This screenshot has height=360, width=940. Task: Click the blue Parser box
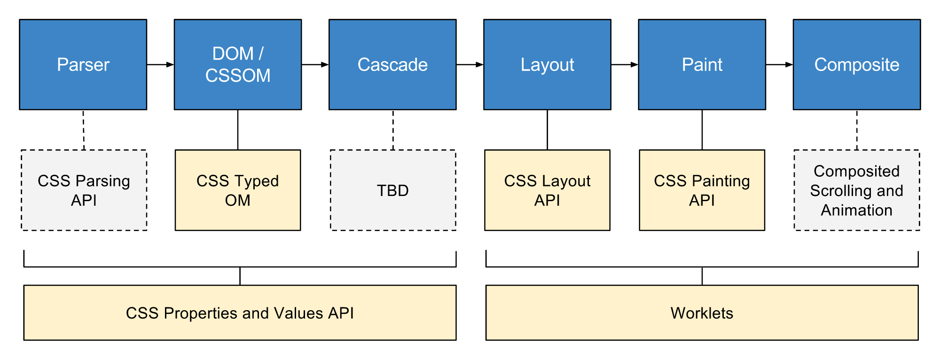coord(83,64)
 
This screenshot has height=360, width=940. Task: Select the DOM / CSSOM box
coord(237,64)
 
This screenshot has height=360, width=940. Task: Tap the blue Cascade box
coord(392,64)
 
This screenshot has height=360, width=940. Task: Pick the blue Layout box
coord(547,64)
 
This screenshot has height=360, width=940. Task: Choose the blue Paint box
coord(702,64)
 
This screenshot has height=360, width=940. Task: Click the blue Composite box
coord(856,64)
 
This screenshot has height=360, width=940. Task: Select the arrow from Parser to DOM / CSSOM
coord(160,64)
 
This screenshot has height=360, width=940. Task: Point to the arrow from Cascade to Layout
coord(470,64)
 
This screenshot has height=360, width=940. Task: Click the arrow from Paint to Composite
coord(779,64)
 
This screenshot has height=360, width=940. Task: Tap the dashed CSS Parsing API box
coord(84,190)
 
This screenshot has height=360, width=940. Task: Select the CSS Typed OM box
coord(237,190)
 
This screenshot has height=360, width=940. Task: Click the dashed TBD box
coord(392,190)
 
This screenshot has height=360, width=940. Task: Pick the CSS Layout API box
coord(547,190)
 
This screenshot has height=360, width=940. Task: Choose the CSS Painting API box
coord(702,190)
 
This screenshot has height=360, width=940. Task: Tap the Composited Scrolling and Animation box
coord(856,190)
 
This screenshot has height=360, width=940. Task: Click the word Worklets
coord(702,313)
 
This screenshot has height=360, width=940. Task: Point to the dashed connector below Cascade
coord(393,130)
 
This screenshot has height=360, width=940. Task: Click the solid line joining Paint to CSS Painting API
coord(702,130)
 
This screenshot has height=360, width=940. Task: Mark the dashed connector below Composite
coord(856,130)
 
